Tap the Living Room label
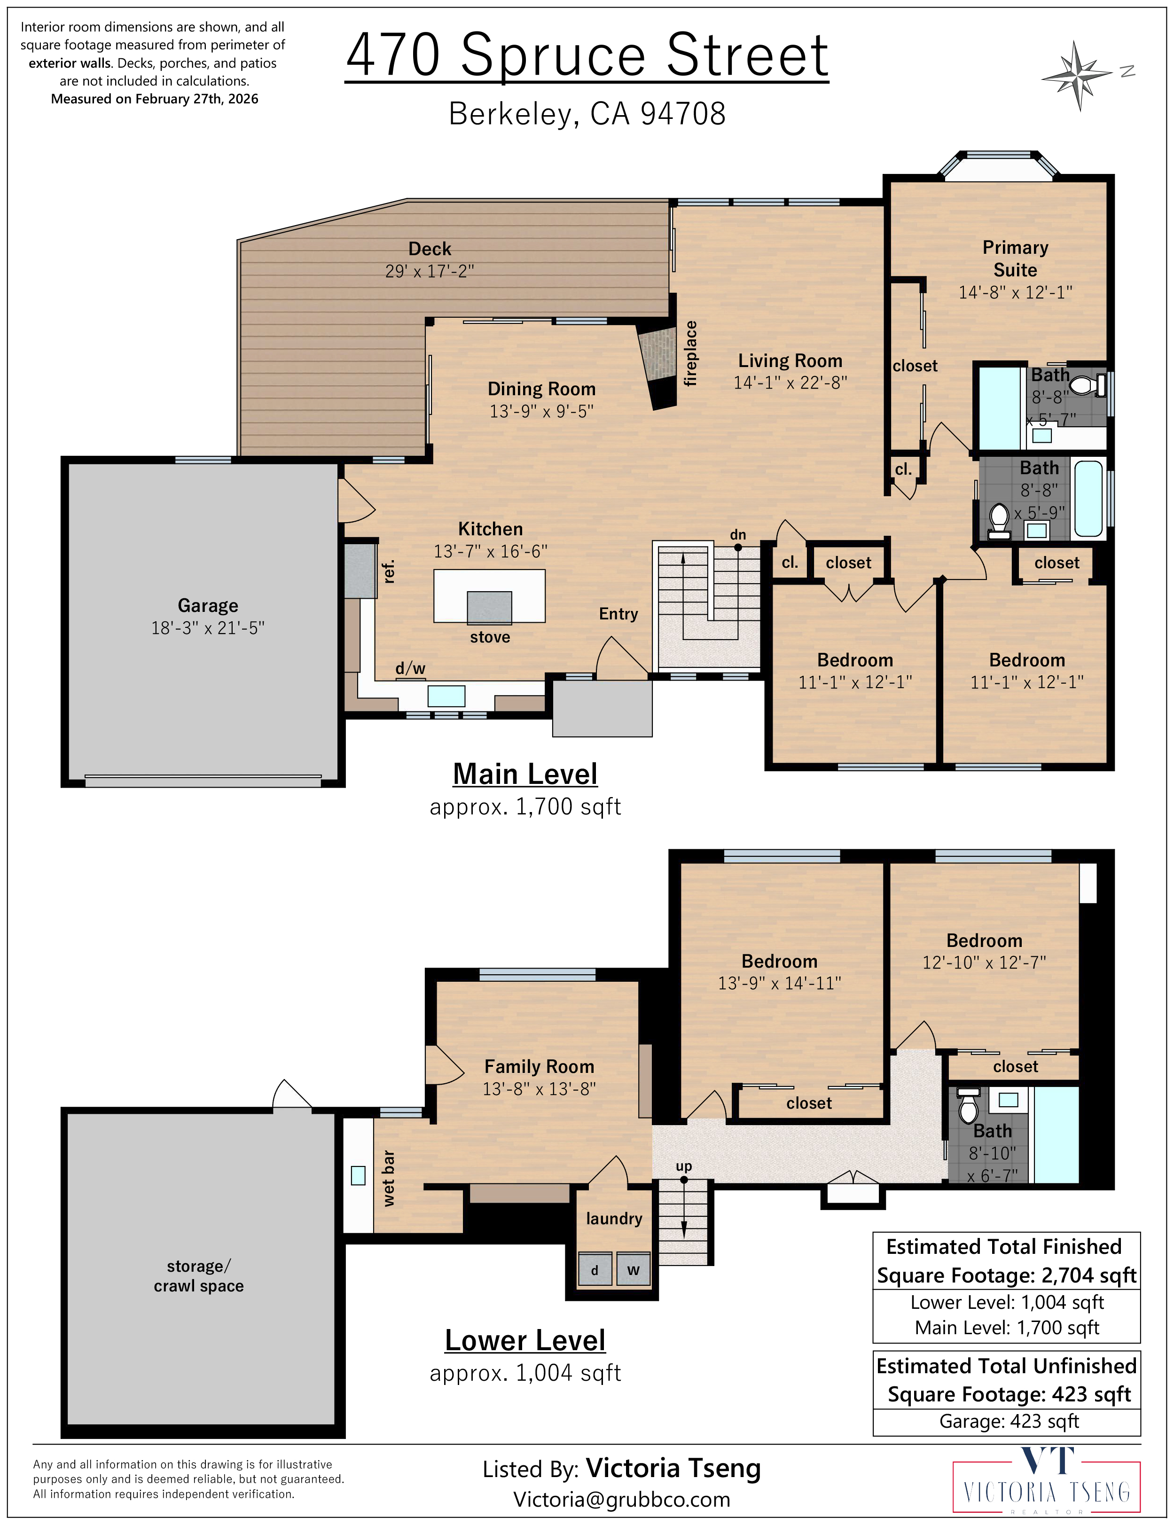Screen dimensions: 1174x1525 [x=790, y=361]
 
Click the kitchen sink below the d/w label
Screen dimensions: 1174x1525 [x=446, y=696]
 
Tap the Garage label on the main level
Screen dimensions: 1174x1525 [x=207, y=605]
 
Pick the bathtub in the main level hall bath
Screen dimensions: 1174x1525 [x=1088, y=497]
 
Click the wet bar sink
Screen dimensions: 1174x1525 [x=358, y=1176]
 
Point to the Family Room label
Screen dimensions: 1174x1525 [x=539, y=1067]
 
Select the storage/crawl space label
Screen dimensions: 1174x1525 [x=199, y=1276]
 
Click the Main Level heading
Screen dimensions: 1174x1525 [x=525, y=774]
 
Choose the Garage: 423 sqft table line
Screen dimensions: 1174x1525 [x=1009, y=1421]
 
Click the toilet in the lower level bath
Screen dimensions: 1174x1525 [x=969, y=1105]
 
